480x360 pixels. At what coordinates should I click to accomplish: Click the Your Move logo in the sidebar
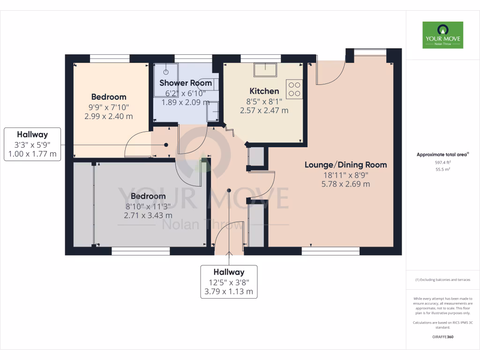click(x=442, y=35)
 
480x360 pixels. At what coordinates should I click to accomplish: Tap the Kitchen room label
click(x=264, y=91)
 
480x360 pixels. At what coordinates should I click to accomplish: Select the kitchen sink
click(x=265, y=69)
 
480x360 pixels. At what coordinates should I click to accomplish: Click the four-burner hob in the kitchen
click(x=294, y=89)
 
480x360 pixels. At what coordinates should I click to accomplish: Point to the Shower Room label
click(x=186, y=83)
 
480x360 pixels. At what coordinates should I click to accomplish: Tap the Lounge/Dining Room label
click(x=345, y=165)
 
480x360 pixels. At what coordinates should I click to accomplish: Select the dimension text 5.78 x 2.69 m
click(x=345, y=184)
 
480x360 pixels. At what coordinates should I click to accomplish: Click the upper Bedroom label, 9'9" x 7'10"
click(x=109, y=97)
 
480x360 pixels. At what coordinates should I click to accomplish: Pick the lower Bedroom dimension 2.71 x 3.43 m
click(x=148, y=216)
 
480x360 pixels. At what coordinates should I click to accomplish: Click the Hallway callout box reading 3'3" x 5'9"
click(x=32, y=144)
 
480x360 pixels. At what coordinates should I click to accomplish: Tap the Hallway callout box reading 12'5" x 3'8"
click(x=229, y=282)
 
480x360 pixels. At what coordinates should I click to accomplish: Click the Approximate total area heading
click(x=442, y=154)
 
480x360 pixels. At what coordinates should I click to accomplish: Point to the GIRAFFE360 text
click(x=442, y=337)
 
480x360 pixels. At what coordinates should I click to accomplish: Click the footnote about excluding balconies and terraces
click(x=442, y=280)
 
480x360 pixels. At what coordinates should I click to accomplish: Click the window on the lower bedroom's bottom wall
click(x=141, y=251)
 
